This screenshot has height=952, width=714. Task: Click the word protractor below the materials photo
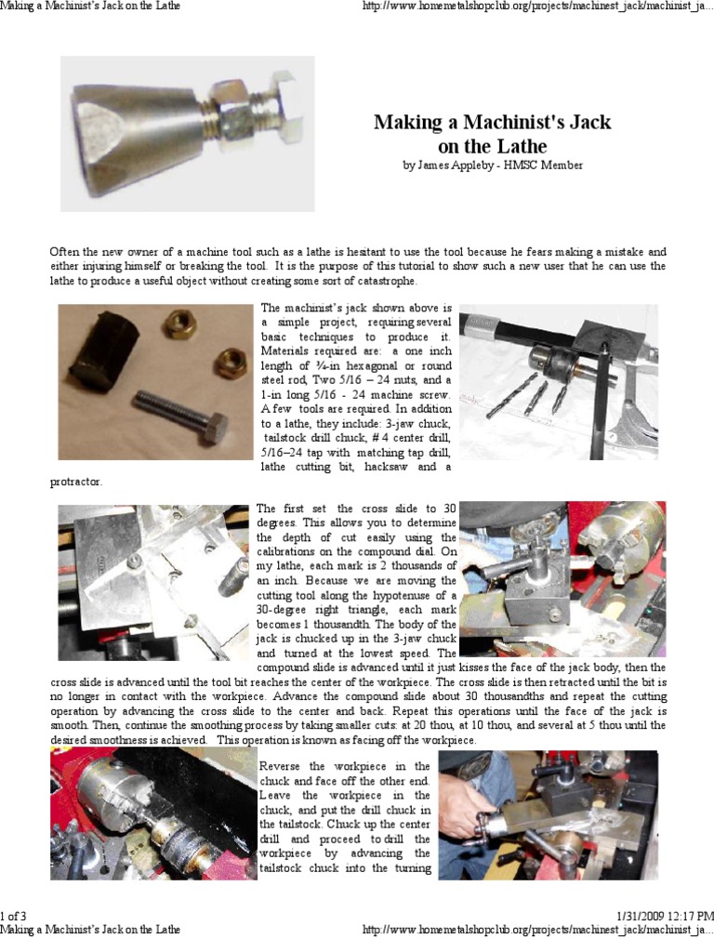76,482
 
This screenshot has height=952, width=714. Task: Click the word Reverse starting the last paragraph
280,765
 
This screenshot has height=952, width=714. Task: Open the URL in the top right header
535,7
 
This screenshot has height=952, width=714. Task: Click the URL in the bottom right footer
535,930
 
